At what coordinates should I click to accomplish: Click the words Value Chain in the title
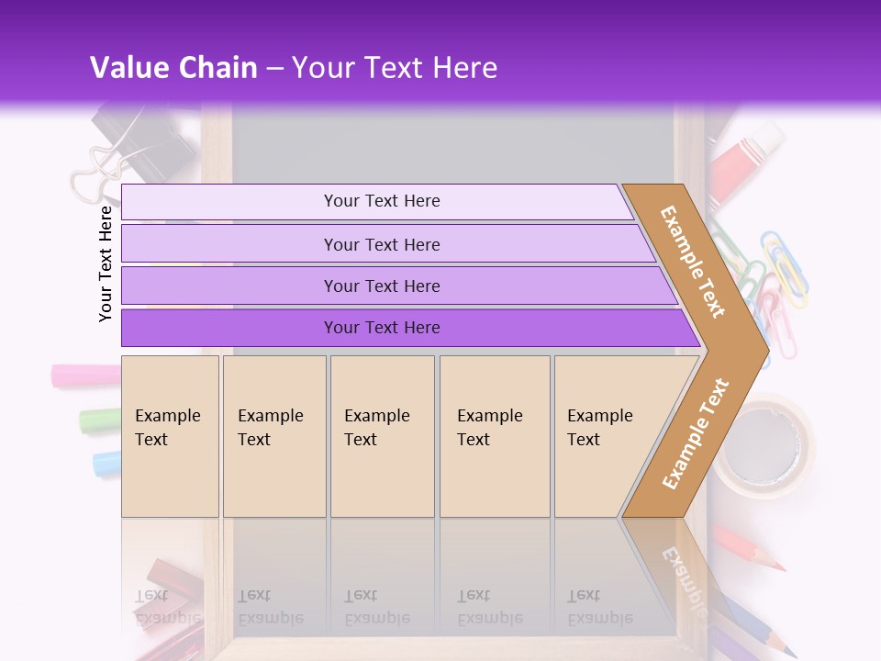173,68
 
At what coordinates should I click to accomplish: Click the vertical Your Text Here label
106,263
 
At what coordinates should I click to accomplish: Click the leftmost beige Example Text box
170,436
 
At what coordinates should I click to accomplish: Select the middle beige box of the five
382,436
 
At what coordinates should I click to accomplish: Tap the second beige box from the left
274,436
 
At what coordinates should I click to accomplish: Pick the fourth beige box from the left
495,436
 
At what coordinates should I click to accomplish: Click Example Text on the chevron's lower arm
696,434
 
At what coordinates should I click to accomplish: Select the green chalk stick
98,420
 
